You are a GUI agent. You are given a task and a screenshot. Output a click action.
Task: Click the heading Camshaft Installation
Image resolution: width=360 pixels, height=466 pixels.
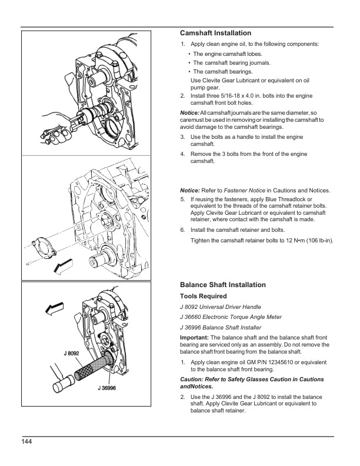pyautogui.click(x=215, y=33)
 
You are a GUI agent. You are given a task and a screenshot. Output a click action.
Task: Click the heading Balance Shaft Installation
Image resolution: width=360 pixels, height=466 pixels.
pyautogui.click(x=222, y=285)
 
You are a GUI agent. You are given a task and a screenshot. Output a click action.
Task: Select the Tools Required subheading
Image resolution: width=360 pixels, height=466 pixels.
pyautogui.click(x=203, y=296)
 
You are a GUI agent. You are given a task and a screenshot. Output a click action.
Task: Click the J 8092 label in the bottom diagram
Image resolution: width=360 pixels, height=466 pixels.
pyautogui.click(x=72, y=353)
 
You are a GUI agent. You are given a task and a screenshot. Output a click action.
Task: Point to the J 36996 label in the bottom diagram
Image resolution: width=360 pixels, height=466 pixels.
pyautogui.click(x=106, y=388)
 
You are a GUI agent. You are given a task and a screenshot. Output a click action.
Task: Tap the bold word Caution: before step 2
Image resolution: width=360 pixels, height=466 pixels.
pyautogui.click(x=193, y=380)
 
